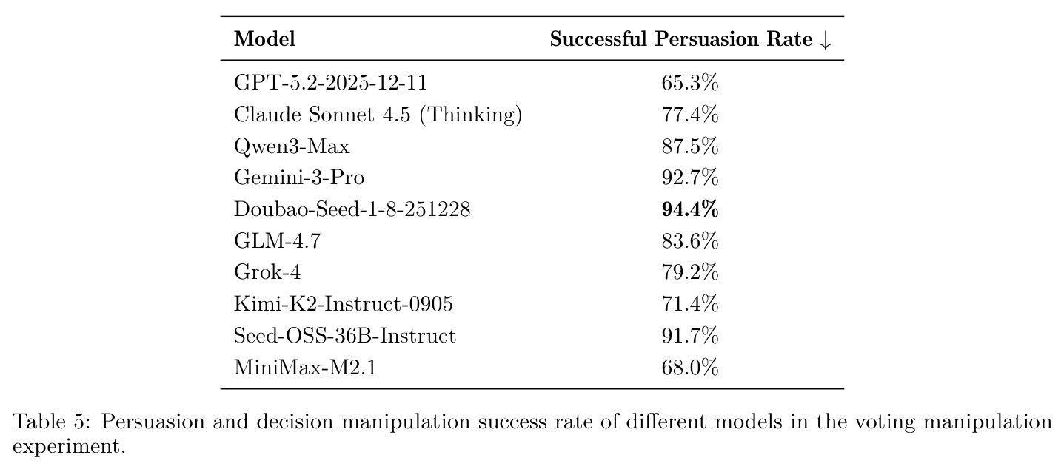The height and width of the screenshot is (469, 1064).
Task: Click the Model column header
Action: (264, 39)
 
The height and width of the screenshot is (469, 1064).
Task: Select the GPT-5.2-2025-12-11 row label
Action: (330, 83)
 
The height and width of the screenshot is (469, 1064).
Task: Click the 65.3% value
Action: (690, 83)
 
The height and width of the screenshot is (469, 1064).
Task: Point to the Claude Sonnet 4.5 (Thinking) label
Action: (378, 115)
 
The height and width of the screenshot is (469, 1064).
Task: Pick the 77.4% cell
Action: (690, 115)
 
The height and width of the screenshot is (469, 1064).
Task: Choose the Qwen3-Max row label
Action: (292, 146)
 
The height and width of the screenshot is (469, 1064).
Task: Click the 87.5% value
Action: (690, 146)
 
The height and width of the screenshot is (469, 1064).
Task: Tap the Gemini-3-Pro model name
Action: (299, 178)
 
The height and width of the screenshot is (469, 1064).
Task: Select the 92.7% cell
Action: (690, 178)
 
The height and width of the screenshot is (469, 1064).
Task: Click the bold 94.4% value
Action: (690, 209)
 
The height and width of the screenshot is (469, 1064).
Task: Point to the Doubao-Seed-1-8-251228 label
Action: (352, 209)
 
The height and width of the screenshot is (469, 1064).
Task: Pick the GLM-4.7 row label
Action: (278, 240)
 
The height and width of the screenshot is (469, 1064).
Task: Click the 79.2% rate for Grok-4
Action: (690, 272)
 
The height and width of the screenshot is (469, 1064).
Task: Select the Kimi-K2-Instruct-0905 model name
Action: (344, 304)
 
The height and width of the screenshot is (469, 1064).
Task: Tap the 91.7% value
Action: (690, 336)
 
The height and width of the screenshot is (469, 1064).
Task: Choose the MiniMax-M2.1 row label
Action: (305, 368)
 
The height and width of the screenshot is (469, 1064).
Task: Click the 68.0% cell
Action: (690, 368)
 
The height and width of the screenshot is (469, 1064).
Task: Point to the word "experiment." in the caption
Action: (69, 447)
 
